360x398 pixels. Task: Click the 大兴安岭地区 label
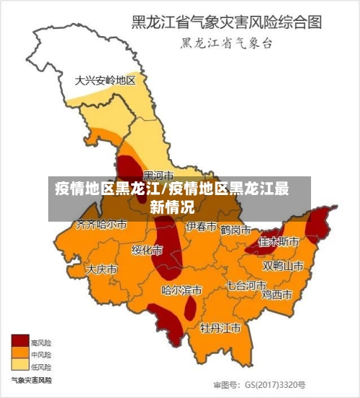coord(105,81)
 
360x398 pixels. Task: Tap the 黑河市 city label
coord(158,175)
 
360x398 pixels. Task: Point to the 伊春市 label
coord(201,227)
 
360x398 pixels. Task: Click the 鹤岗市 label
coord(235,230)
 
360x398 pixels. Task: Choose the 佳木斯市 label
coord(279,241)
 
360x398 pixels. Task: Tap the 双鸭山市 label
coord(282,266)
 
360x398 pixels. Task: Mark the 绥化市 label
coord(147,250)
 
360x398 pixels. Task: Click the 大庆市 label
coord(102,269)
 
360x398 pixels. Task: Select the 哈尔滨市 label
coord(181,291)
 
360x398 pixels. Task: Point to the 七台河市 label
coord(246,285)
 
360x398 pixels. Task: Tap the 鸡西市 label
coord(276,294)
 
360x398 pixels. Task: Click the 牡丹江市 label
coord(220,328)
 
